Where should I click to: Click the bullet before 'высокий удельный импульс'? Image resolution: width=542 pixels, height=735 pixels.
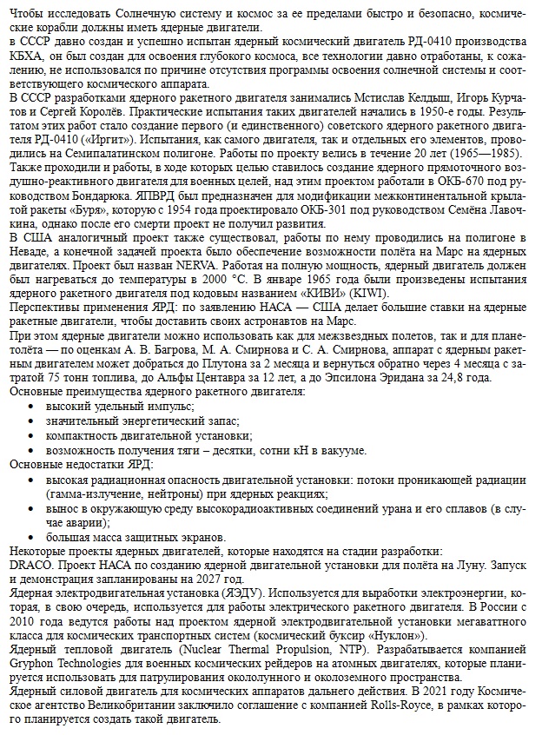pos(32,405)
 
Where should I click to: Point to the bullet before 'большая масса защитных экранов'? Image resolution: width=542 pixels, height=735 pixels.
pos(32,538)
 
